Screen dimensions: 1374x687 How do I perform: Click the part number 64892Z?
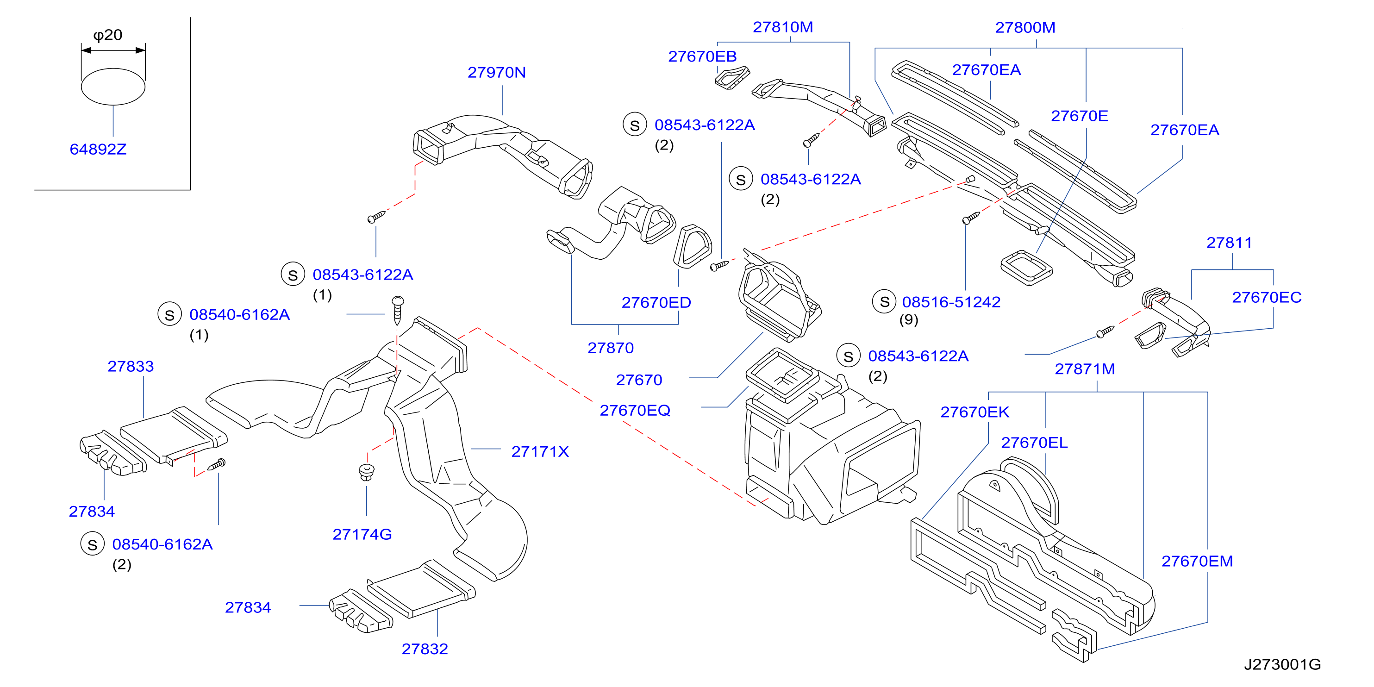click(98, 150)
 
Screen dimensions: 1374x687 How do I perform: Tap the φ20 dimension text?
click(108, 35)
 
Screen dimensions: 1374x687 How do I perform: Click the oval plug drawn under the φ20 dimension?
click(113, 87)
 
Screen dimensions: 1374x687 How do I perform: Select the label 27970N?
click(497, 73)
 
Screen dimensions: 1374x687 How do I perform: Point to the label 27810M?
click(783, 27)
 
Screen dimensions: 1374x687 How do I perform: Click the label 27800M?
click(1025, 28)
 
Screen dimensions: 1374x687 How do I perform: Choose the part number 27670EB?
click(702, 56)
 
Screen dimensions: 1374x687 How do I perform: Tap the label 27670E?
click(1080, 116)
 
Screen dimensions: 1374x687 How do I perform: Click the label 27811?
click(1229, 243)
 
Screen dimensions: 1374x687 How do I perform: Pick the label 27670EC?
click(1267, 298)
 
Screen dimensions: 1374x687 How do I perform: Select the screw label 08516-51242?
click(951, 302)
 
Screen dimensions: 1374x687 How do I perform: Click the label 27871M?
click(1085, 369)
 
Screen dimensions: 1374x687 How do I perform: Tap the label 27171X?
click(540, 452)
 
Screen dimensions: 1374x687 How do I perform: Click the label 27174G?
click(362, 534)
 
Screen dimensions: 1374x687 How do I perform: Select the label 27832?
click(425, 649)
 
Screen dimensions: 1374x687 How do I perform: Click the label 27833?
click(131, 367)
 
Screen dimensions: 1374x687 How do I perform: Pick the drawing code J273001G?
click(1282, 665)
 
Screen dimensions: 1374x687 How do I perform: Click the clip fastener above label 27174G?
click(367, 472)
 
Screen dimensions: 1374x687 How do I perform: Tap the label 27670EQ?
click(635, 411)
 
